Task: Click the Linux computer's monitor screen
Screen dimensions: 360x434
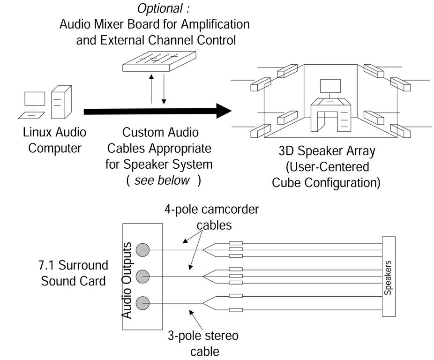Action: (x=35, y=99)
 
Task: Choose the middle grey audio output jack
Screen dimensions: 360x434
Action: (x=142, y=276)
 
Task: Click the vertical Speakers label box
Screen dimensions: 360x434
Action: (x=389, y=276)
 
